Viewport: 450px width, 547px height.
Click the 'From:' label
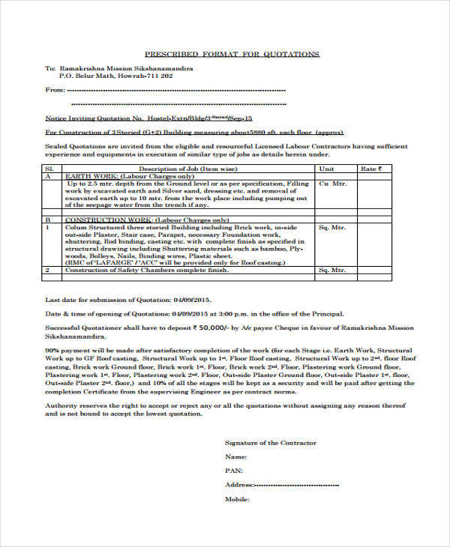(55, 90)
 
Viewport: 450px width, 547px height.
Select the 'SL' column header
(49, 169)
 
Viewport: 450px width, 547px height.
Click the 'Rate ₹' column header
(370, 169)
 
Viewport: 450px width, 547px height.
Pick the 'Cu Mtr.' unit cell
(333, 184)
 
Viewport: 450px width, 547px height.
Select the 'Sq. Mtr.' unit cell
(332, 226)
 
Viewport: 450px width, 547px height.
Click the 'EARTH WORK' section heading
(85, 176)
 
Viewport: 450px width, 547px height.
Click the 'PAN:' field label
(233, 471)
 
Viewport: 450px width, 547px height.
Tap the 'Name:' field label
(235, 456)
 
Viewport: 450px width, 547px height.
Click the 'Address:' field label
(239, 485)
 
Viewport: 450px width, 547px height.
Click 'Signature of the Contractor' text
(270, 442)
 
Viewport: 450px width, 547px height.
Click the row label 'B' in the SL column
(48, 220)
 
